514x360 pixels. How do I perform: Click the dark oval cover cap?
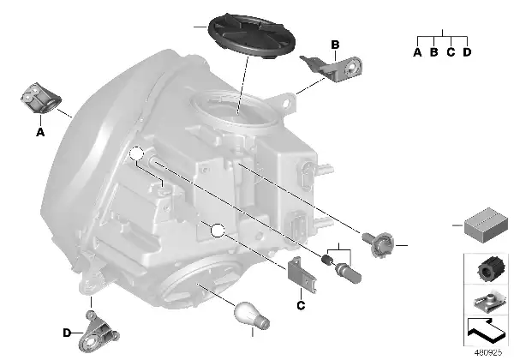(x=252, y=36)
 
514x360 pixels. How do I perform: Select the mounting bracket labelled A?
(x=41, y=99)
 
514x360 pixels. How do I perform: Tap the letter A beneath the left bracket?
(x=40, y=132)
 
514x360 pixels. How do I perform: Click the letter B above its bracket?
(x=335, y=45)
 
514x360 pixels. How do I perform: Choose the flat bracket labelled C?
(x=302, y=274)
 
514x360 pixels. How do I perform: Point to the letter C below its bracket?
(x=301, y=306)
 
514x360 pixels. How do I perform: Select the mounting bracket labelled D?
(x=98, y=332)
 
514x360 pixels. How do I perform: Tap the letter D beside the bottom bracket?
(x=67, y=333)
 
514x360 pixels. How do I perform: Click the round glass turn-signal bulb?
(x=251, y=315)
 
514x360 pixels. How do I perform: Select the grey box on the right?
(x=486, y=225)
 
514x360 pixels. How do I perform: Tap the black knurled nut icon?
(x=488, y=268)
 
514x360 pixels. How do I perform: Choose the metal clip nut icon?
(x=488, y=303)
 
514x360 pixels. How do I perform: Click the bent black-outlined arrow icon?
(x=486, y=332)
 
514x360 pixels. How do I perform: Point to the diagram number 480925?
(x=488, y=352)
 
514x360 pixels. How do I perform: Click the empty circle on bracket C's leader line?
(x=218, y=231)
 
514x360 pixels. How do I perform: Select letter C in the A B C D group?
(x=451, y=52)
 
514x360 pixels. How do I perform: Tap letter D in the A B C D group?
(x=467, y=52)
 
